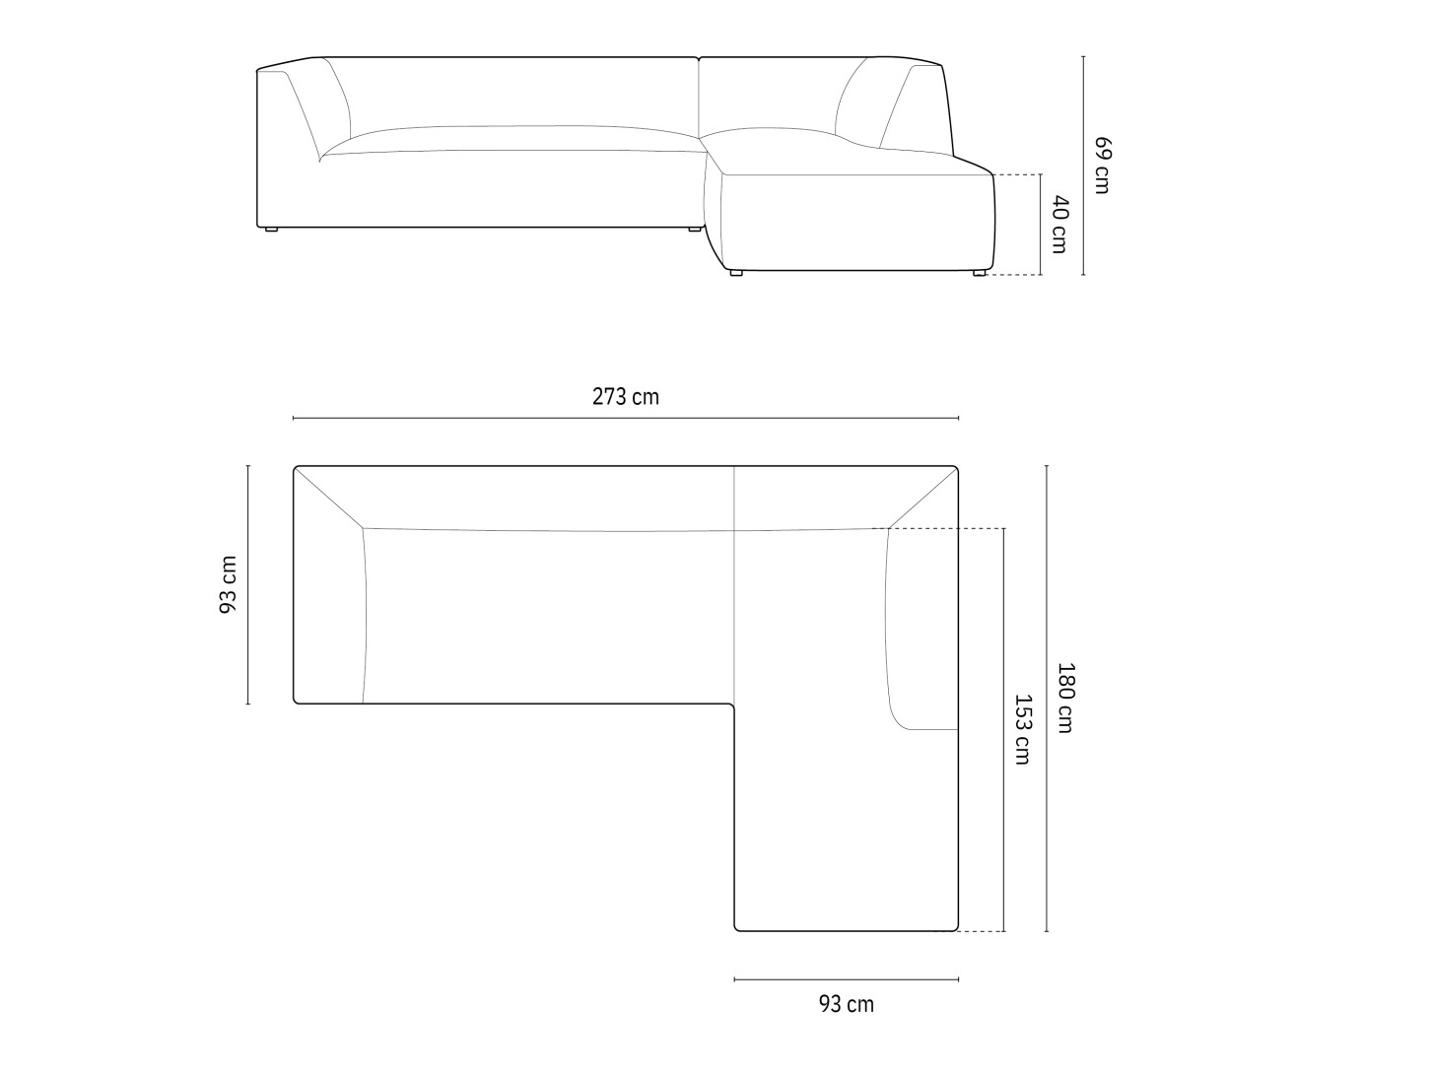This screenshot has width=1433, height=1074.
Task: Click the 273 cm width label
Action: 626,397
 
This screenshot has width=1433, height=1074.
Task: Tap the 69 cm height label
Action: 1102,166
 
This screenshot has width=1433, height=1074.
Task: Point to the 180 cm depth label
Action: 1064,699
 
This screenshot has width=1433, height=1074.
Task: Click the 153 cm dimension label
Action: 1022,729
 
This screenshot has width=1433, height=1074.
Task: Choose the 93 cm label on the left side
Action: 228,584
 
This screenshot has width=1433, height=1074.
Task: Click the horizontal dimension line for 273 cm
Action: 626,418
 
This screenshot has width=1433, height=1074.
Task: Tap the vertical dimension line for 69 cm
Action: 1083,166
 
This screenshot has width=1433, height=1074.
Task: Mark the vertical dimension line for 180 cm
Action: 1047,699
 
